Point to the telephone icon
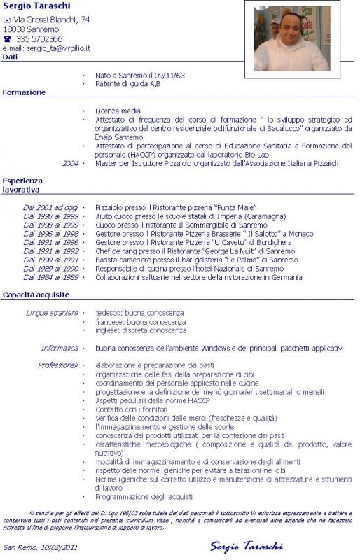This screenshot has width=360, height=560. (x=7, y=39)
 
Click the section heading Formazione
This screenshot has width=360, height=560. (x=24, y=92)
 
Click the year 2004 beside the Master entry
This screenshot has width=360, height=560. (x=70, y=163)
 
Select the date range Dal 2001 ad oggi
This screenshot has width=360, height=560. (x=50, y=208)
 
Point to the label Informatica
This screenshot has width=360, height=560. (x=60, y=347)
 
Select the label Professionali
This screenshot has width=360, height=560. (x=58, y=365)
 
